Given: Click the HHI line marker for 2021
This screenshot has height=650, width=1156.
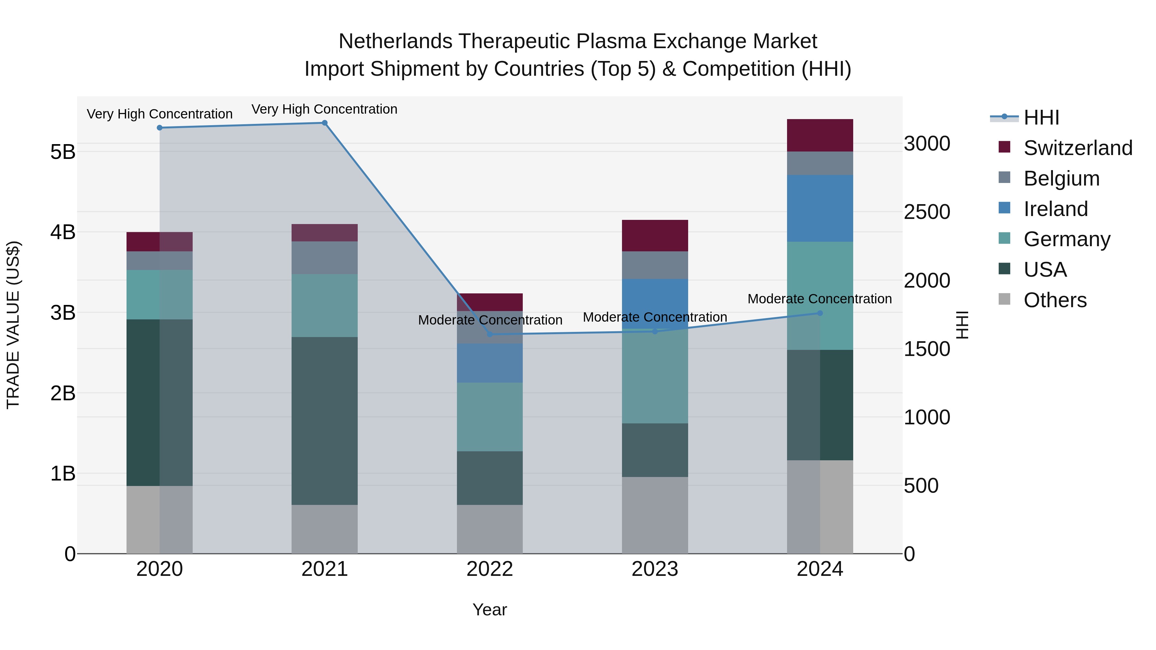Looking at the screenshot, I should coord(324,123).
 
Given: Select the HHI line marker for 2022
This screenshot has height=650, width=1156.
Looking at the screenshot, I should coord(490,334).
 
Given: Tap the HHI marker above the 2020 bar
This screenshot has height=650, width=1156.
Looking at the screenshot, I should coord(160,128).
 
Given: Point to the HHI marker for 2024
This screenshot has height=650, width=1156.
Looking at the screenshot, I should coord(820,313).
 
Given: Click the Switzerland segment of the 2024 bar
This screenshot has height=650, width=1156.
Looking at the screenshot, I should coord(820,135).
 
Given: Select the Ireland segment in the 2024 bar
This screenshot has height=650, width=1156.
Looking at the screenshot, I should coord(820,209).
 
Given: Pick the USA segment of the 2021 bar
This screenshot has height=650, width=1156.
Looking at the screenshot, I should coord(324,421).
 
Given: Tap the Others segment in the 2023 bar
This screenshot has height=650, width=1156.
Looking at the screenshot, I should coord(655,515).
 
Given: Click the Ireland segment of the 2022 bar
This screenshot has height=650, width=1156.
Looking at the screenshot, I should coord(490,363).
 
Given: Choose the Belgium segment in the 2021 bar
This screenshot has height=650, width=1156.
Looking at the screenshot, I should coord(324,258).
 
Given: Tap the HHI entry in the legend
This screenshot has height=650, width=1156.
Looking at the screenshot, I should coord(1041,117).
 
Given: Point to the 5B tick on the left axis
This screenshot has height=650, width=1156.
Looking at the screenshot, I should coord(63,152).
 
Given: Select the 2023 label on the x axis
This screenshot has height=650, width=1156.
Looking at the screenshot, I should coord(655,569).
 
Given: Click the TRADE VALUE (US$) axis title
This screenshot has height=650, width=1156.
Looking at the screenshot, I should coord(13,325).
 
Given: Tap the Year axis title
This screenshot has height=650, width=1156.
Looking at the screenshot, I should coord(490,610).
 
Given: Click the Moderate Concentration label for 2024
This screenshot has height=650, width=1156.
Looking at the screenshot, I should coord(819,299).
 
